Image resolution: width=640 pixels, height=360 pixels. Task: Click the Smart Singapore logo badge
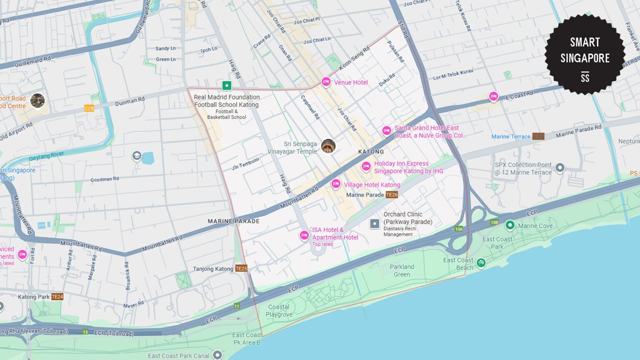585,54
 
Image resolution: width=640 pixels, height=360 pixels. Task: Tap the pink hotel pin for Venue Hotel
326,82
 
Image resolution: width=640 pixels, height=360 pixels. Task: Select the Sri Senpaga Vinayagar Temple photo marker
328,146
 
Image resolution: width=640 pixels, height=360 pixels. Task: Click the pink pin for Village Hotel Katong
336,184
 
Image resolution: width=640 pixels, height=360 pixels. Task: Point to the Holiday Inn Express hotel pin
366,167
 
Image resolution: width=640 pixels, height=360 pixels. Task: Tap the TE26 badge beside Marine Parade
392,195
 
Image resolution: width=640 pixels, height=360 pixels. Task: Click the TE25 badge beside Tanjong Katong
241,268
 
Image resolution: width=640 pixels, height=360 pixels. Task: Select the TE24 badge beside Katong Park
57,297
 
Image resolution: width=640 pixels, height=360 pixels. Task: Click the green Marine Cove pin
510,225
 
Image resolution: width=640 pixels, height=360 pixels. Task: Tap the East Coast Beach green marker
481,262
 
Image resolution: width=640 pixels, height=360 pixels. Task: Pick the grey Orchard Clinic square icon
375,224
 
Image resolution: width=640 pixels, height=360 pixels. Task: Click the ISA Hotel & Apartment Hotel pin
304,235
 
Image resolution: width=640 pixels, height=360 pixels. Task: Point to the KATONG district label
371,152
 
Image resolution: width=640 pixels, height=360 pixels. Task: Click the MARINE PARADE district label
233,221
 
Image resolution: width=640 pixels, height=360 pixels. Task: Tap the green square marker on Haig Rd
227,85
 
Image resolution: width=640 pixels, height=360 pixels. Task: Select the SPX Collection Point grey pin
560,167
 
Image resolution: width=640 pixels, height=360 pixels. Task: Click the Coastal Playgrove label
279,310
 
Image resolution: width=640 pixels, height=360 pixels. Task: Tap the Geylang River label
46,156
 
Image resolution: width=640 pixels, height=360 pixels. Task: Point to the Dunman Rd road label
130,101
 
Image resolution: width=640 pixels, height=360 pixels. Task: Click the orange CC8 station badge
89,108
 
